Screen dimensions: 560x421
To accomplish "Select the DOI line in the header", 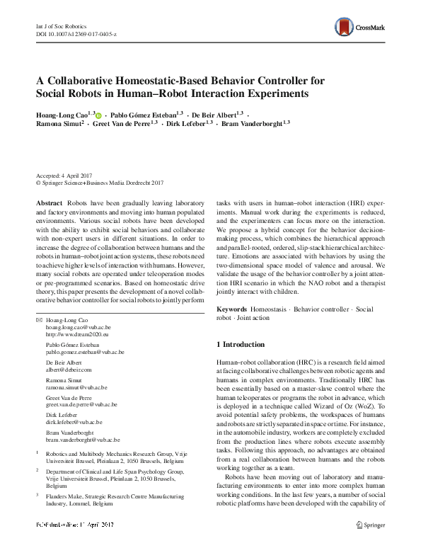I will pos(76,33).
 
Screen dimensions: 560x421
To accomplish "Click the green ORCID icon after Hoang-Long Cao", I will pos(98,114).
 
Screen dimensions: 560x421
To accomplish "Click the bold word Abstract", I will pos(49,202).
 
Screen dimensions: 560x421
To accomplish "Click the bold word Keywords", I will pos(232,309).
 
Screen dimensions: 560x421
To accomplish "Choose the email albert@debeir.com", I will pos(69,370).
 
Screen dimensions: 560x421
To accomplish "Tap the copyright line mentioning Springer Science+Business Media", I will pos(100,181).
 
